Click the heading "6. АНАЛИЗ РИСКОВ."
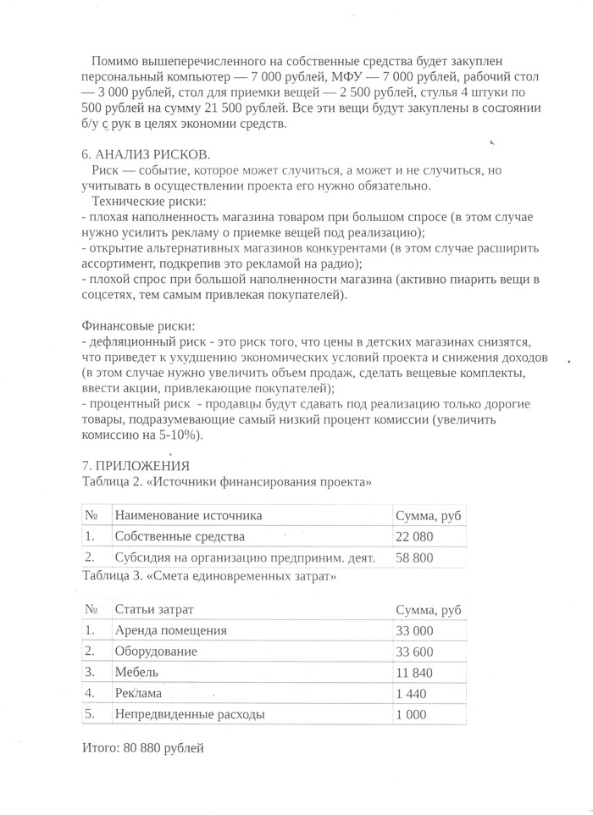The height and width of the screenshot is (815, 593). click(146, 156)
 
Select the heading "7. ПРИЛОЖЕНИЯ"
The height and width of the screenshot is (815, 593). click(136, 465)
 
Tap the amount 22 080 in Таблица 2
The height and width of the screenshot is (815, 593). click(414, 536)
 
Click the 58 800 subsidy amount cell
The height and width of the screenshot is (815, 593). click(414, 557)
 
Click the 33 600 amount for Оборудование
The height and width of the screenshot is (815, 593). click(414, 651)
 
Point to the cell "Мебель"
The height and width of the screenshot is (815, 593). click(136, 673)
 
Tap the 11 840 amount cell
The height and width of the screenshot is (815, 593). click(414, 673)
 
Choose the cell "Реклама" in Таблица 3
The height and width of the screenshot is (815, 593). click(137, 693)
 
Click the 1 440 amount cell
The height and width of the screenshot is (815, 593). click(411, 693)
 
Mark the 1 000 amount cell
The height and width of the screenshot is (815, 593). click(411, 714)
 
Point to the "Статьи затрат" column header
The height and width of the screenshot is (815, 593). click(154, 610)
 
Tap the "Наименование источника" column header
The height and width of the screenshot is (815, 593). click(188, 515)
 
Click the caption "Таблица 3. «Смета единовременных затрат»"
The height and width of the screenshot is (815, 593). click(209, 577)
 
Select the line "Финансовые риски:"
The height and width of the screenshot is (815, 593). click(138, 326)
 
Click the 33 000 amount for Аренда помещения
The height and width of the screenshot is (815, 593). click(414, 630)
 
